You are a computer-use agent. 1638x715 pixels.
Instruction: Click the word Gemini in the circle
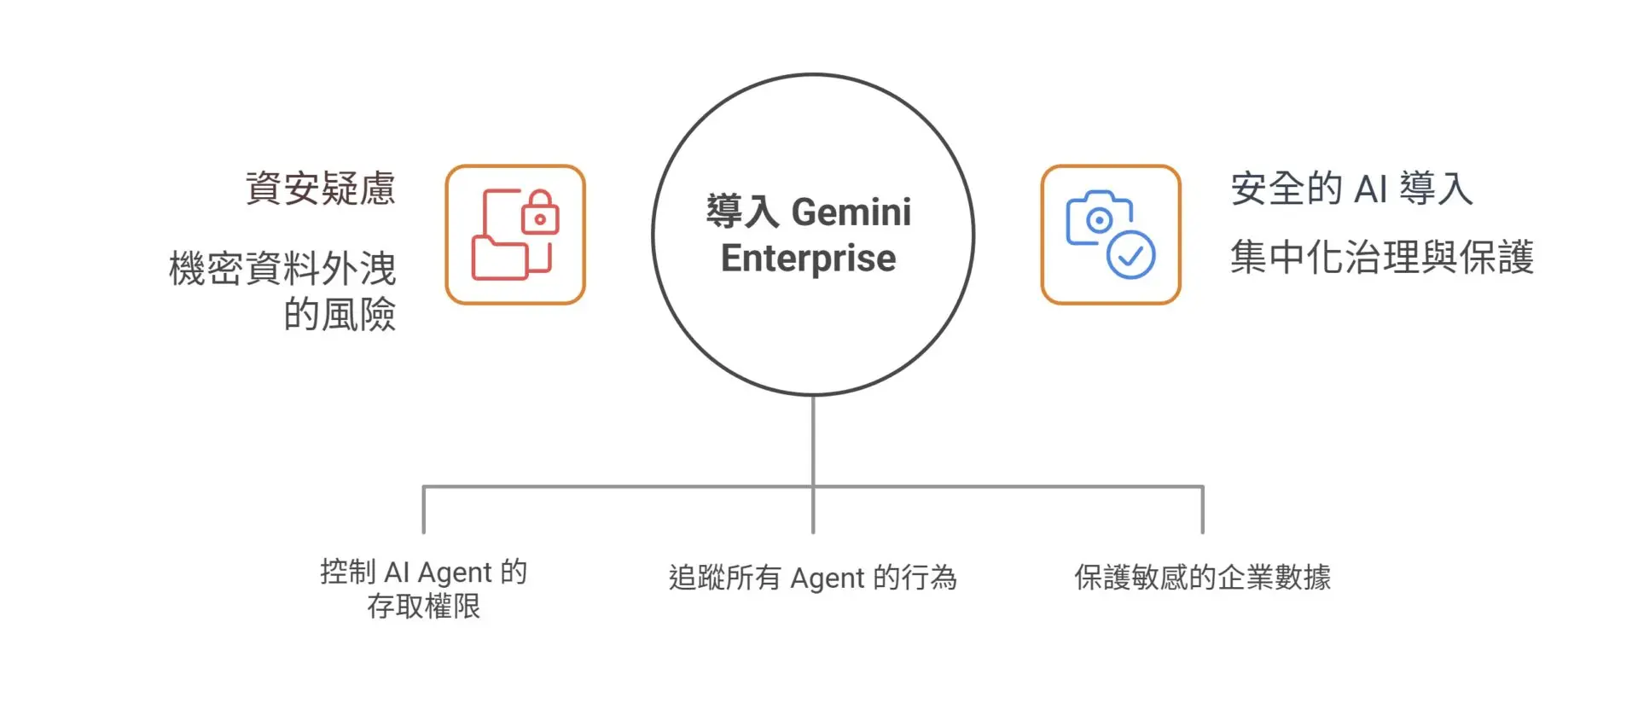point(851,212)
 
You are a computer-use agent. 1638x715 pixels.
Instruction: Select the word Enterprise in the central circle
point(808,258)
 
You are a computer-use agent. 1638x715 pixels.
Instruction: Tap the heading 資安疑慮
point(321,189)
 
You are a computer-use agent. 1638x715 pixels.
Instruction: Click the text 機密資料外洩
point(282,269)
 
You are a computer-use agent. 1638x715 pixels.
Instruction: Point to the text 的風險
point(340,314)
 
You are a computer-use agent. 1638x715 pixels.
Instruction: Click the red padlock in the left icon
point(540,213)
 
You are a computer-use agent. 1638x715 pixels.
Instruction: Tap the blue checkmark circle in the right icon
point(1130,254)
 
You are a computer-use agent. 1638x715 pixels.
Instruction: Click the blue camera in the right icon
point(1098,218)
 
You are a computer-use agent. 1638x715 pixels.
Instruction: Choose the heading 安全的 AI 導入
point(1351,189)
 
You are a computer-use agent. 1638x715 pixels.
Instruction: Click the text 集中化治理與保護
point(1382,257)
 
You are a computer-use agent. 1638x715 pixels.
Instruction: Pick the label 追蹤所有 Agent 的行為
point(813,578)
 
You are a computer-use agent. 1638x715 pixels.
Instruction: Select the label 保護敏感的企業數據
point(1202,578)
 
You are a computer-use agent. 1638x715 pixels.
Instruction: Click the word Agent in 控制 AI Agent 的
point(455,572)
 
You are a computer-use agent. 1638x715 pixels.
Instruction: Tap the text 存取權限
point(424,607)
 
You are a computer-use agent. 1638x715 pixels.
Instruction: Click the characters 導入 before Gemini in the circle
point(742,212)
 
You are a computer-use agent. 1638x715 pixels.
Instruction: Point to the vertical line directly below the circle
point(813,439)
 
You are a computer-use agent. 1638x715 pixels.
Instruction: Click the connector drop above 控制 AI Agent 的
point(424,510)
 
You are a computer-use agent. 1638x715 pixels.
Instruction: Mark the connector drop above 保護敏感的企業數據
point(1202,510)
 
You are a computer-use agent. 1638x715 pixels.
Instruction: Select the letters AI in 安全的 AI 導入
point(1371,189)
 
